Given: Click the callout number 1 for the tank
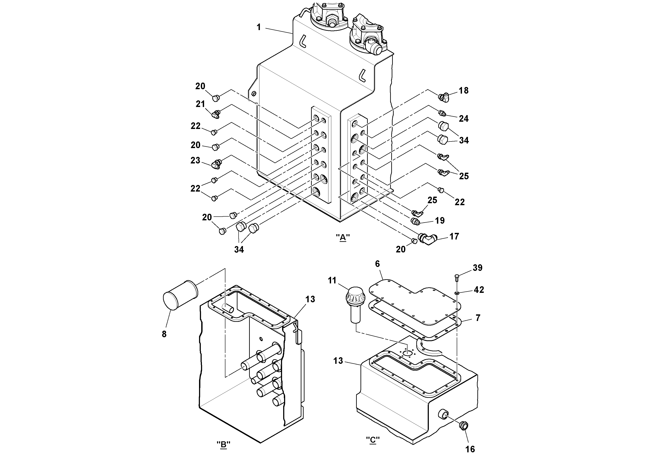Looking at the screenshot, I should coord(259,27).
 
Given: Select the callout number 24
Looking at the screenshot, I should coord(464,119).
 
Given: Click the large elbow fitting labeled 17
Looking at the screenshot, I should coord(428,239).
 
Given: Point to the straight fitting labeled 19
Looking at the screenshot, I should coord(416,221).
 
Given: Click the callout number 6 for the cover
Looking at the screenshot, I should coord(377,264).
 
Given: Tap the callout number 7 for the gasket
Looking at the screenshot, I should coord(478,318).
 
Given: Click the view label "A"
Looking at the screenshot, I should coord(343,237).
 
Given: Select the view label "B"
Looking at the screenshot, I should coord(223,444).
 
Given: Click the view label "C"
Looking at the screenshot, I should coord(373,440).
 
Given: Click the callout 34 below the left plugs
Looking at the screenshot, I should coord(239,250).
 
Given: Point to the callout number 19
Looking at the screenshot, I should coord(440,221).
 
